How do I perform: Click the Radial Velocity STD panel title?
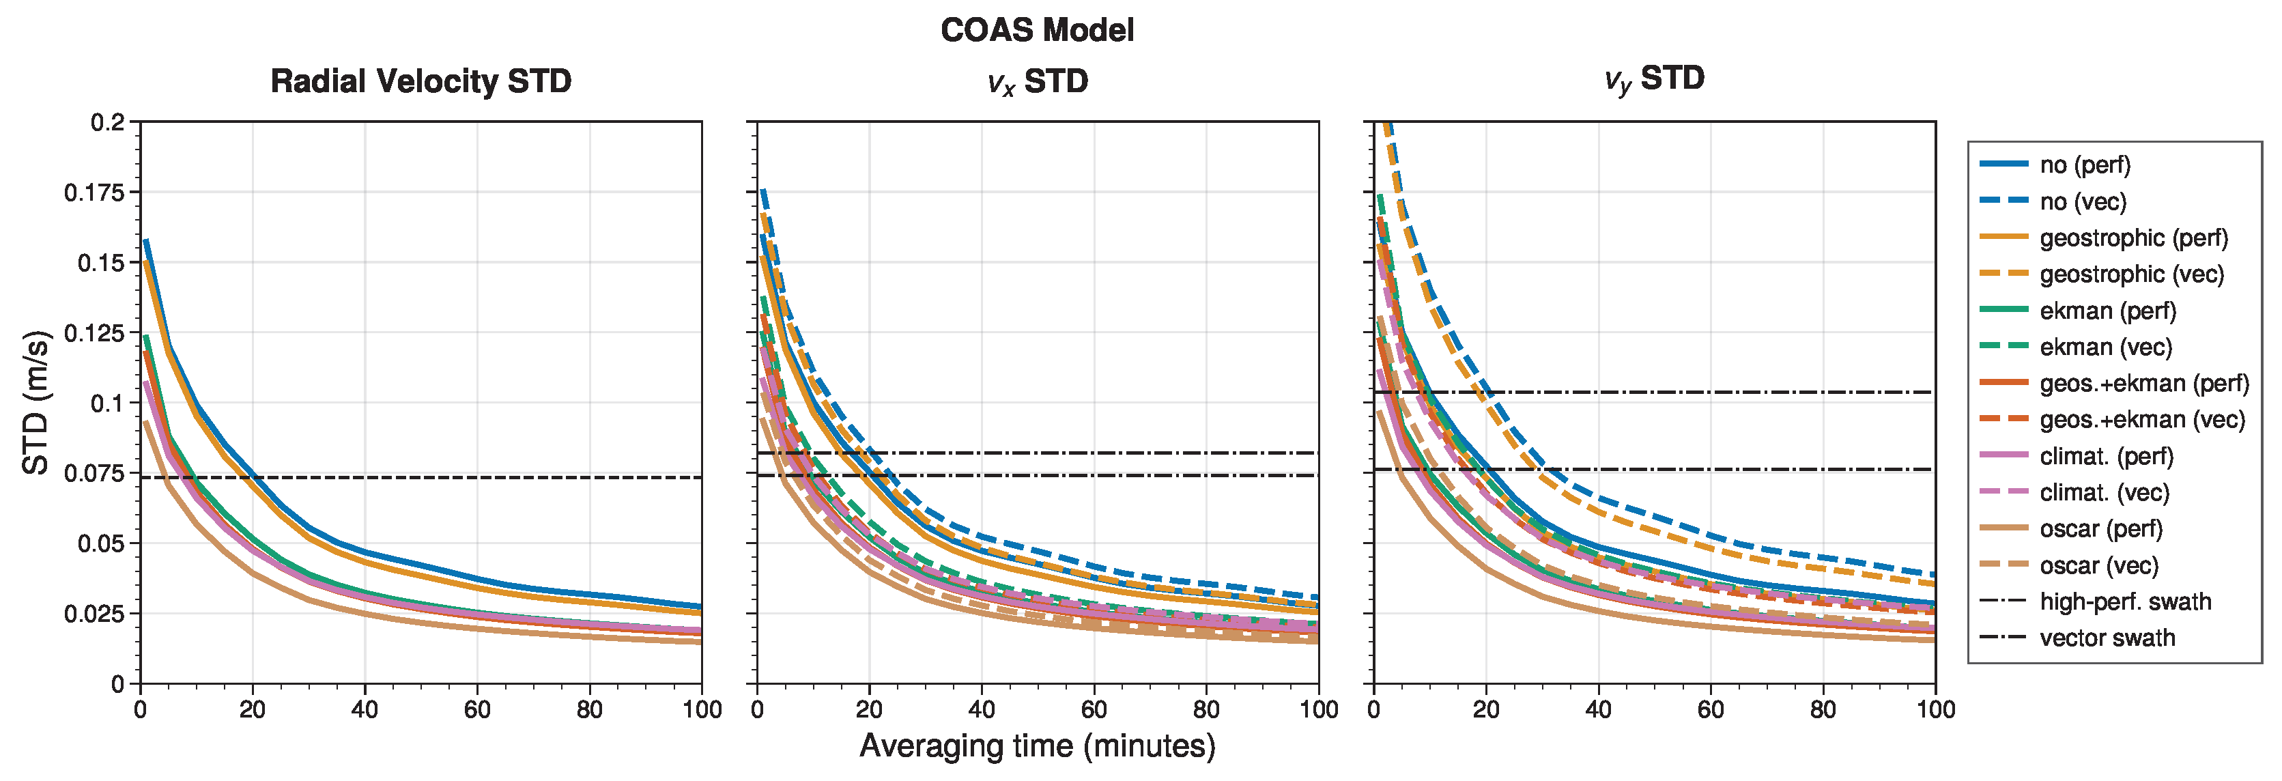click(420, 81)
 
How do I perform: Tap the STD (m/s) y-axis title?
click(35, 402)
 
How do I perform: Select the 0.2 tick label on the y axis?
click(108, 122)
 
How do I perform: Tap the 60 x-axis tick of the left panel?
click(476, 709)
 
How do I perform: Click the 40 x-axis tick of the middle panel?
click(982, 709)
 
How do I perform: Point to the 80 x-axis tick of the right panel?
click(1823, 709)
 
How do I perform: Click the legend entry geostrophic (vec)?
click(2130, 274)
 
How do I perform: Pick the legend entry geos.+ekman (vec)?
click(2142, 420)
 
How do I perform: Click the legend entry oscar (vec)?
click(2098, 565)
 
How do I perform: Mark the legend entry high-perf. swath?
click(2124, 602)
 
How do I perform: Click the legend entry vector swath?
click(2107, 638)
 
